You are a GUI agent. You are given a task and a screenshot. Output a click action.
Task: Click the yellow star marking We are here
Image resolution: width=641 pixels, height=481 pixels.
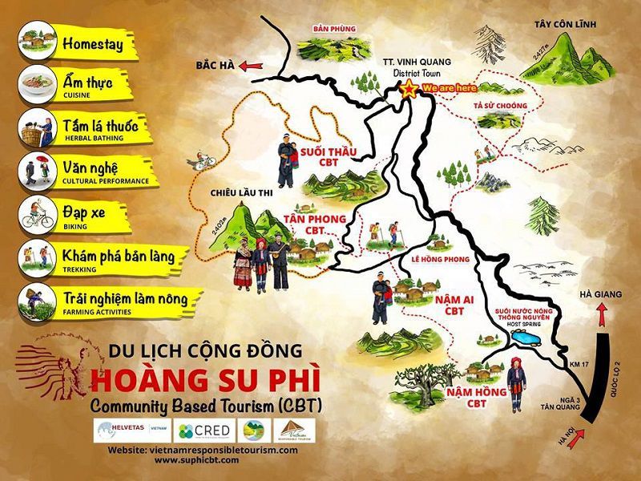tap(409, 87)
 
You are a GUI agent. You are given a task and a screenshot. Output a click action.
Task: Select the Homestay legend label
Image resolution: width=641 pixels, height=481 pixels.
tap(92, 44)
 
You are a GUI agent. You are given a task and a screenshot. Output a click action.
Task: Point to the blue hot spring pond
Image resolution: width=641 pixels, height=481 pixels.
tap(528, 340)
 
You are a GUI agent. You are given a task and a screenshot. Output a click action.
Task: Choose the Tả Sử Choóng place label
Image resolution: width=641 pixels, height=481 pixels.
tap(501, 106)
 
